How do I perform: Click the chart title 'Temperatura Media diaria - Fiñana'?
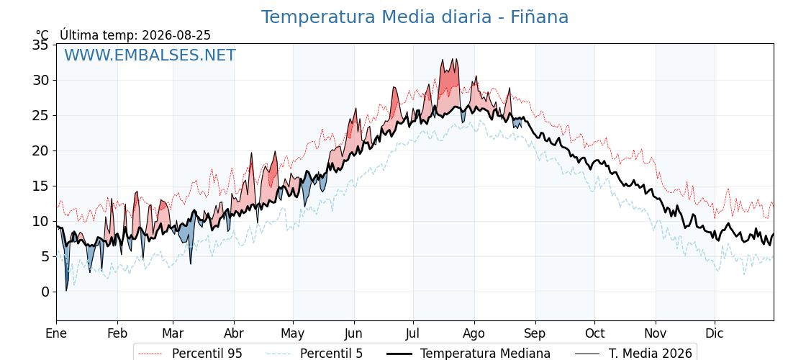click(x=415, y=17)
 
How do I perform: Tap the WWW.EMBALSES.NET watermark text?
click(x=150, y=55)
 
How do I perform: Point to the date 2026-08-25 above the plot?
click(x=176, y=35)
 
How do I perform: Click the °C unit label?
click(x=42, y=35)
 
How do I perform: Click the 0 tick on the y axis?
click(x=45, y=292)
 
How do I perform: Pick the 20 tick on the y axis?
click(x=42, y=151)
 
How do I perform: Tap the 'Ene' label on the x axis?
click(x=57, y=334)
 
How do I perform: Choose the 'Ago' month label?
click(x=474, y=334)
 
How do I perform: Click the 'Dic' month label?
click(x=715, y=334)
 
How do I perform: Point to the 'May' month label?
click(x=292, y=334)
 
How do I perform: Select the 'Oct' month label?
click(x=594, y=334)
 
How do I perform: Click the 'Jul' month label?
click(x=413, y=334)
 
